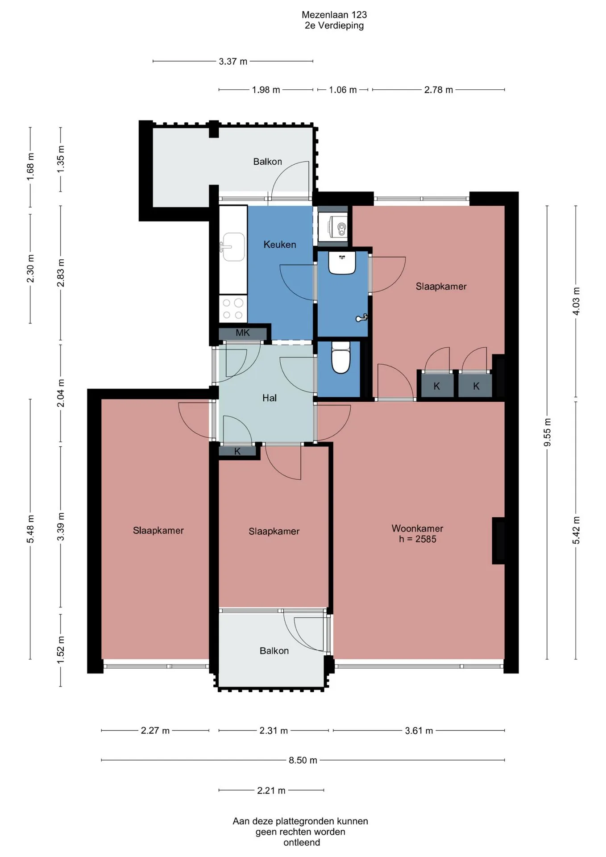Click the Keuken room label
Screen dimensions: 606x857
pos(280,244)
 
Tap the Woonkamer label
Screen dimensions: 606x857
pos(417,528)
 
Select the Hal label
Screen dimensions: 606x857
pos(270,398)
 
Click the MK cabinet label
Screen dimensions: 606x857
pos(243,333)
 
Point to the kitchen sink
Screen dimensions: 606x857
pos(233,246)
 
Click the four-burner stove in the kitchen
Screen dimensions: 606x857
pos(233,308)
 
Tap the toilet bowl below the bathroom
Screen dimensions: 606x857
pos(341,357)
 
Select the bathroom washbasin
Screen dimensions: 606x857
pos(342,262)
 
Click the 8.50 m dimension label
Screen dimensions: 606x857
pos(303,760)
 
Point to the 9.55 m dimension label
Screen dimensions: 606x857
pos(548,432)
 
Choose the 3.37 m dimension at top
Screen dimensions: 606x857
pos(233,61)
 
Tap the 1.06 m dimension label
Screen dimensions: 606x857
pos(343,90)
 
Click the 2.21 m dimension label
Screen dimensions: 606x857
pos(271,790)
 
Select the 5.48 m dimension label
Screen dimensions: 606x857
pos(30,529)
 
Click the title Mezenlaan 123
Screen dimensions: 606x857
pos(334,15)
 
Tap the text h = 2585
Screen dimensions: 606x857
pos(418,539)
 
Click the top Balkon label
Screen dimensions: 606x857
pos(268,162)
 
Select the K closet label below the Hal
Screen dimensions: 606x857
pos(237,451)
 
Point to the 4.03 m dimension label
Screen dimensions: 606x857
pos(576,301)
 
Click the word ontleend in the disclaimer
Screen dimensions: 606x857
pos(302,843)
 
